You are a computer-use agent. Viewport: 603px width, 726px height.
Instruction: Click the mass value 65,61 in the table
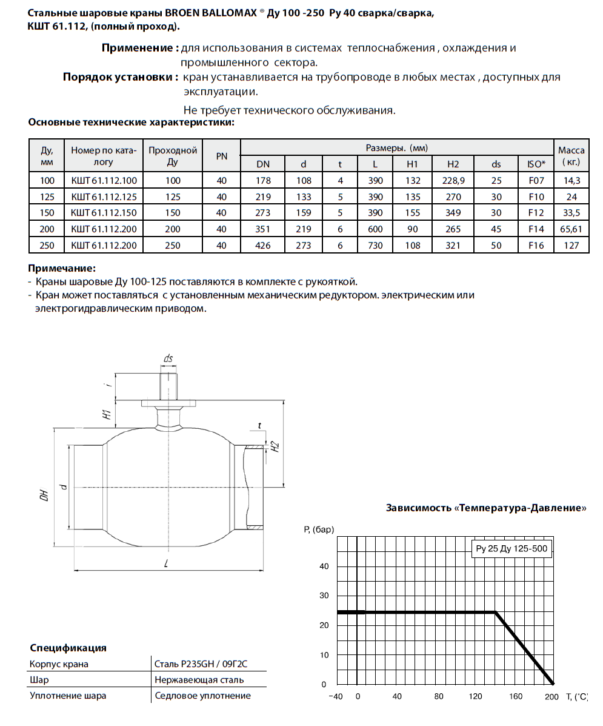pos(571,229)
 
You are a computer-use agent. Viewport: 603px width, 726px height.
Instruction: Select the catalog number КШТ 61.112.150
pos(104,213)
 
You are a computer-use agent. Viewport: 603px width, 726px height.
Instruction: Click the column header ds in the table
pos(496,164)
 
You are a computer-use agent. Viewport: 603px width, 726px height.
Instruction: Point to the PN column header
pos(222,156)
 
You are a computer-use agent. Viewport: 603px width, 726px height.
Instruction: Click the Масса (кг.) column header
pos(571,156)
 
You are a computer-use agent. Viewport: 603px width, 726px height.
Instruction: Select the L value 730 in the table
pos(375,246)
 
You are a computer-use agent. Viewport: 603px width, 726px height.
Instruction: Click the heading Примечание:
pos(62,268)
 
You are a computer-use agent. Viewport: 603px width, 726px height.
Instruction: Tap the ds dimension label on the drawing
pos(168,358)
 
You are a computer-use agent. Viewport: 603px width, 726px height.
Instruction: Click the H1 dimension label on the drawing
pos(105,415)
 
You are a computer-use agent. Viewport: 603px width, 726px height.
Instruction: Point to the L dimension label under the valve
pos(165,564)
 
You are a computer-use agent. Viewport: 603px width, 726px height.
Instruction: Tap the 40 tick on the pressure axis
pos(323,566)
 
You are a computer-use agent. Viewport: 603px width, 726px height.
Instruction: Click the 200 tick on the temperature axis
pos(551,696)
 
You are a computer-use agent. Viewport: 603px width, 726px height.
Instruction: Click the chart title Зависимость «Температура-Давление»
pos(486,508)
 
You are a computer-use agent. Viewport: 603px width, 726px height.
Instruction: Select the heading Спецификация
pos(68,648)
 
